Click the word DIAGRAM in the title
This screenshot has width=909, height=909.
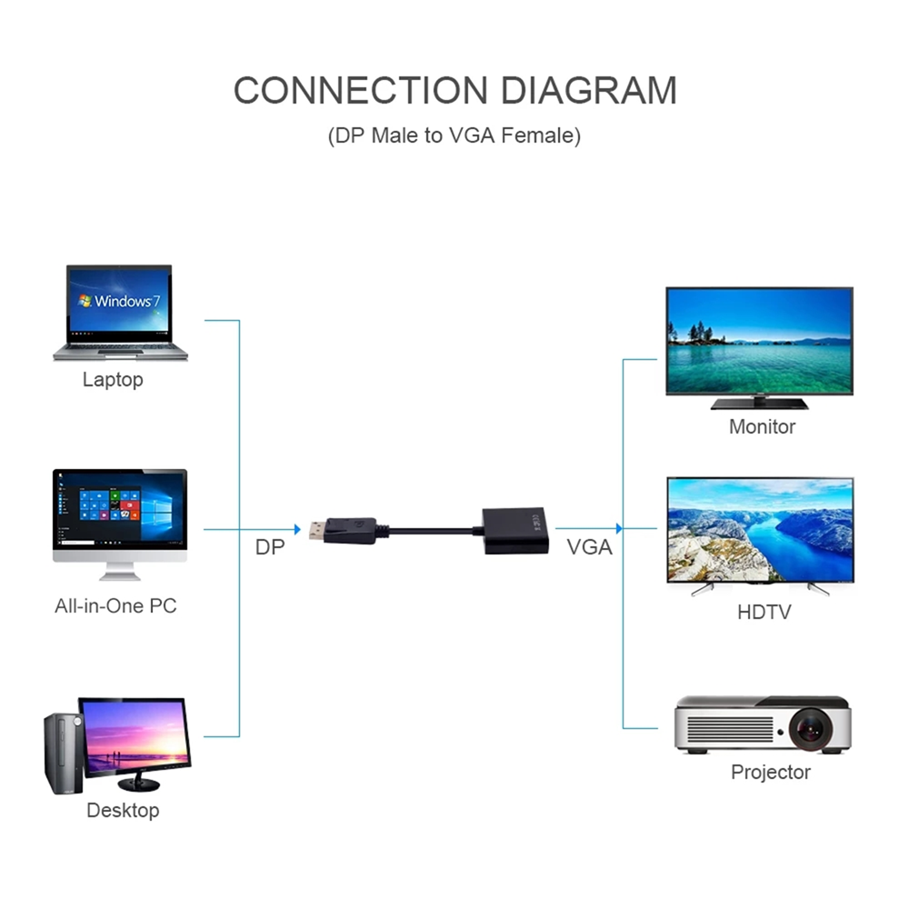click(x=589, y=91)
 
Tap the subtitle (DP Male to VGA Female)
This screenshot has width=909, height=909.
click(x=454, y=136)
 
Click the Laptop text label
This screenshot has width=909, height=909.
click(x=113, y=379)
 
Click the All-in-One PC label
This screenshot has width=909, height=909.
click(x=115, y=605)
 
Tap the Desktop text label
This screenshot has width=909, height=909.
click(x=123, y=810)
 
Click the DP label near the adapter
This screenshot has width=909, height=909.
click(x=269, y=547)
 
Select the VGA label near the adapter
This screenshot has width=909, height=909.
click(x=589, y=547)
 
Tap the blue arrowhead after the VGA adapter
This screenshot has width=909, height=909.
click(x=619, y=528)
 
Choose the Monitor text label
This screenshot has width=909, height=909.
click(x=762, y=426)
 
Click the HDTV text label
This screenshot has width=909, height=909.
click(x=764, y=612)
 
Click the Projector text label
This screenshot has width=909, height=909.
click(x=771, y=773)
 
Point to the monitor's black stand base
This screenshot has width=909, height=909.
click(x=759, y=404)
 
